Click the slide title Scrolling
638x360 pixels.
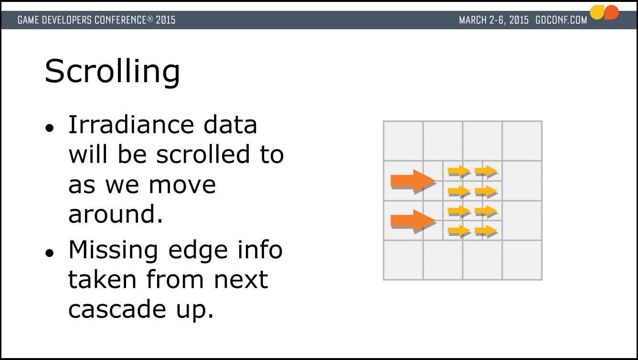pyautogui.click(x=112, y=72)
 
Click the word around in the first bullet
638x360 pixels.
pyautogui.click(x=116, y=214)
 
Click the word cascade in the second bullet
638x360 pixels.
pyautogui.click(x=117, y=309)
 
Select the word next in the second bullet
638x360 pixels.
pyautogui.click(x=241, y=280)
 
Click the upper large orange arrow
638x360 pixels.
pyautogui.click(x=413, y=181)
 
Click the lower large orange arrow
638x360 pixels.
pyautogui.click(x=413, y=221)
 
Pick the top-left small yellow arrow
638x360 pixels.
pyautogui.click(x=459, y=171)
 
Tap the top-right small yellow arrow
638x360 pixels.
pyautogui.click(x=486, y=171)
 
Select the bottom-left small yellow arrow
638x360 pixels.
pyautogui.click(x=459, y=231)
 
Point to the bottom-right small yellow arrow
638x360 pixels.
pyautogui.click(x=486, y=231)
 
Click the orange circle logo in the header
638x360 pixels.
pyautogui.click(x=612, y=12)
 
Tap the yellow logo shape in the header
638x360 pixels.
pyautogui.click(x=597, y=12)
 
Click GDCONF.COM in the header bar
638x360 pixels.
pyautogui.click(x=561, y=20)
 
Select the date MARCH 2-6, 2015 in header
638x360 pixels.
pyautogui.click(x=494, y=20)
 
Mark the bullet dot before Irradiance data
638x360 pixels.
pyautogui.click(x=50, y=128)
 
